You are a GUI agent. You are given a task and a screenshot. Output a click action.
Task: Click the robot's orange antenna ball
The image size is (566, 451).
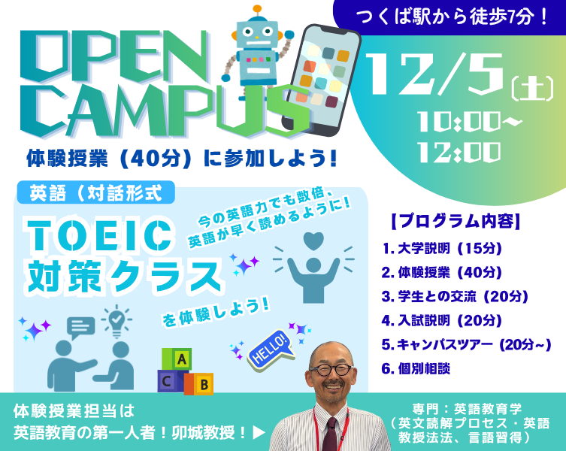tap(257, 9)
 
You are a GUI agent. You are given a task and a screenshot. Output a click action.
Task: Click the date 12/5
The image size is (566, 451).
tap(435, 74)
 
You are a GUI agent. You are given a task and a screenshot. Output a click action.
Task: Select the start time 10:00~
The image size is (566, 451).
tap(469, 121)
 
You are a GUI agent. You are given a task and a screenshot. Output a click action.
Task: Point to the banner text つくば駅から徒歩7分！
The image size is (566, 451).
tap(452, 17)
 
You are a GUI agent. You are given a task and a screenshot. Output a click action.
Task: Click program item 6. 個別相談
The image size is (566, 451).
tap(416, 368)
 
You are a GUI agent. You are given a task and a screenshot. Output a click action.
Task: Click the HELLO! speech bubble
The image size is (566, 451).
tap(271, 350)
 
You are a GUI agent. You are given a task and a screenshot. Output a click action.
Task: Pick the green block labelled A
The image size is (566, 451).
tap(177, 359)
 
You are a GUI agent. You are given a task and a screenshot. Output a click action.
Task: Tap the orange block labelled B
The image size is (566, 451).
tap(200, 383)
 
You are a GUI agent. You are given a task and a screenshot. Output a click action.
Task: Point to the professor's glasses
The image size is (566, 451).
tap(331, 369)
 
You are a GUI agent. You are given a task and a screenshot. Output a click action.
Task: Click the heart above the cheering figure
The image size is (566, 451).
tap(313, 241)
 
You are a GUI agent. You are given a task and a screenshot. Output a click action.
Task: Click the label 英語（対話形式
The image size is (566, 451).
tap(95, 192)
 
